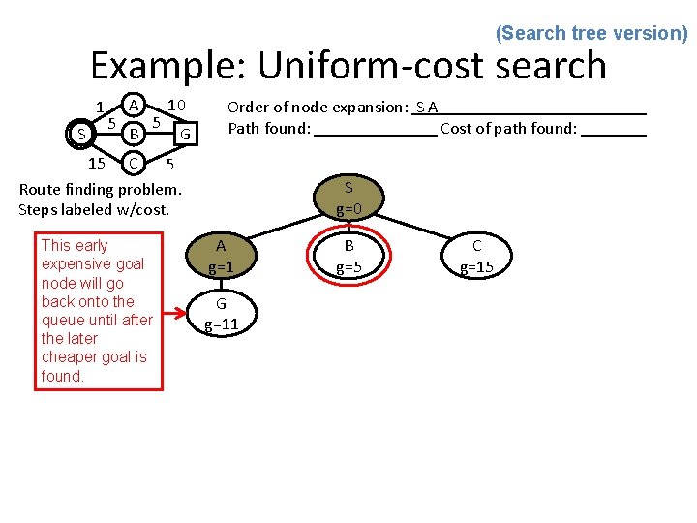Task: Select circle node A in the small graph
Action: [136, 104]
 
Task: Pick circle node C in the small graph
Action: [136, 161]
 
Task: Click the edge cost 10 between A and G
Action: [175, 105]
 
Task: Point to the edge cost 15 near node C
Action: [96, 162]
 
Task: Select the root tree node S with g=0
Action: [348, 198]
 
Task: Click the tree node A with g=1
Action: [221, 256]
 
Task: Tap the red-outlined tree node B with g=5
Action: [348, 256]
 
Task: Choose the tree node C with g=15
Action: [476, 256]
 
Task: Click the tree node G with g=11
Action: [221, 313]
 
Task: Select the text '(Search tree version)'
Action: [591, 33]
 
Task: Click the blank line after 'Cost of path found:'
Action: [614, 129]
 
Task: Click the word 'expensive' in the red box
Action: [92, 263]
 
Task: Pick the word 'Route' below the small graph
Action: [40, 190]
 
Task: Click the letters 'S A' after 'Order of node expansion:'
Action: [427, 107]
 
